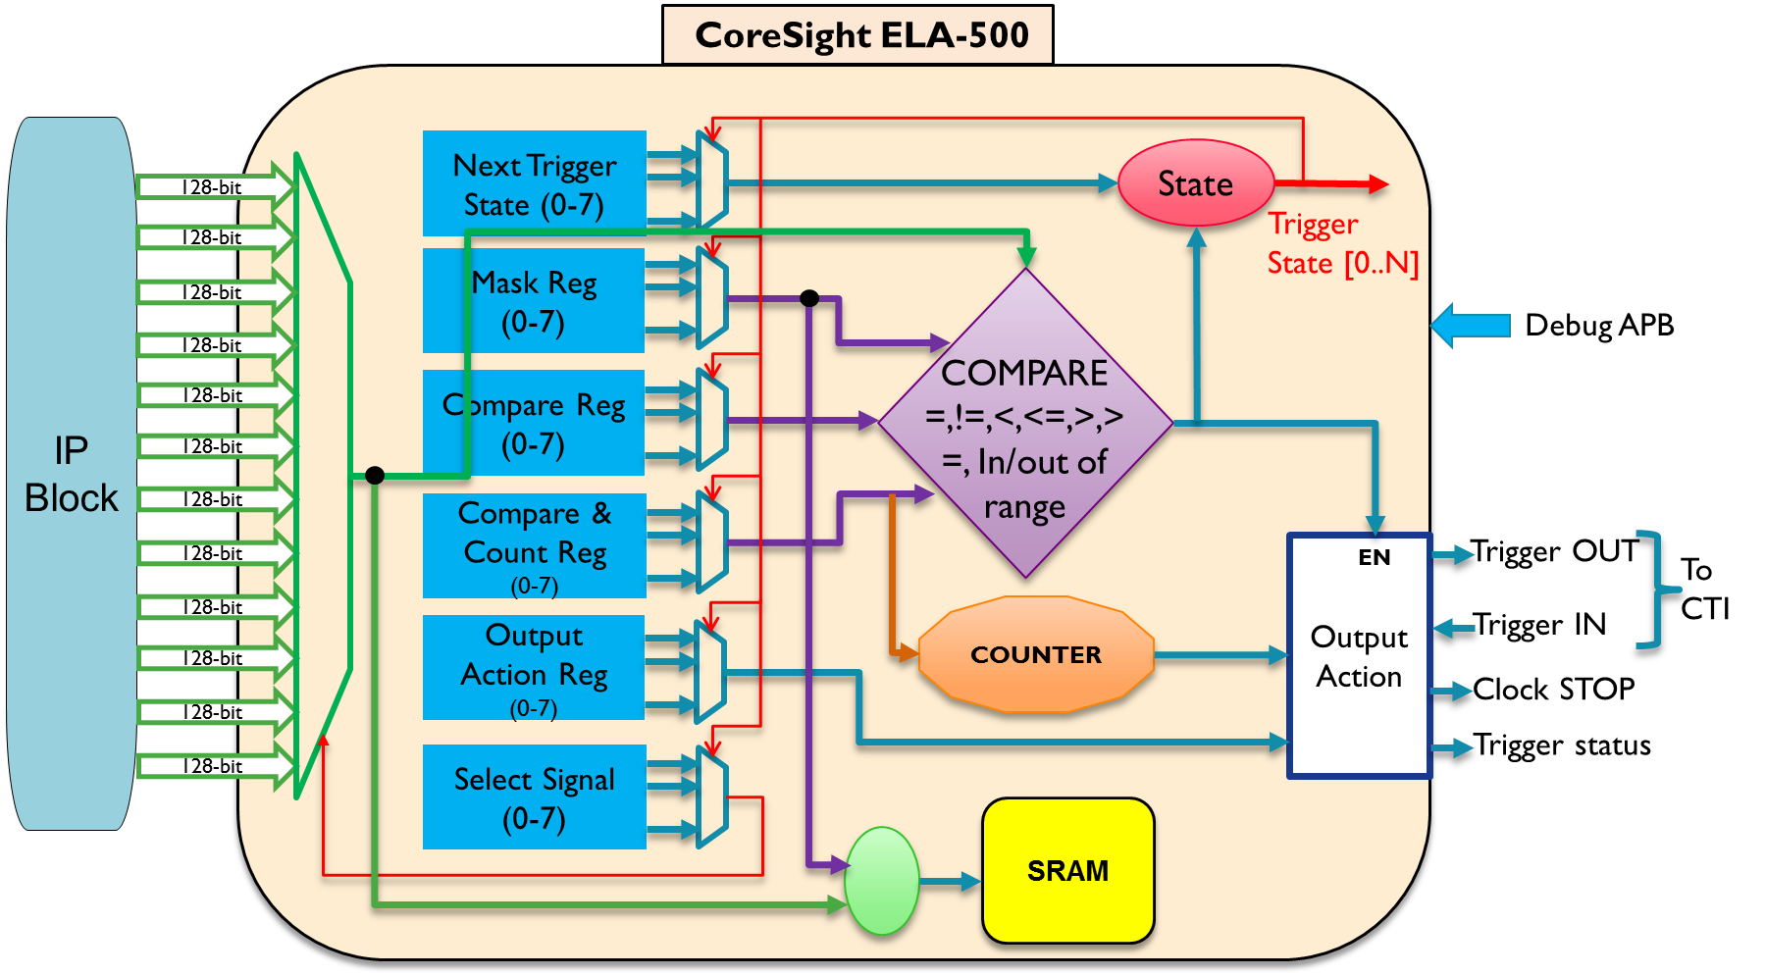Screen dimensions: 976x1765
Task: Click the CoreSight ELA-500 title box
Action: (x=858, y=35)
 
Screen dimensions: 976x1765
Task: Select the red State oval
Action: (x=1195, y=183)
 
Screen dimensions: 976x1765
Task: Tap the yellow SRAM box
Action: (x=1067, y=871)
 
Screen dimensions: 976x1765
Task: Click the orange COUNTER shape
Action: (x=1035, y=654)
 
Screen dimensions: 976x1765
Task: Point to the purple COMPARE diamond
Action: (x=1025, y=424)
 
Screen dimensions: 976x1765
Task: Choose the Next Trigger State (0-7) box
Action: (x=534, y=184)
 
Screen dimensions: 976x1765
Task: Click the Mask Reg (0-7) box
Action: (x=534, y=301)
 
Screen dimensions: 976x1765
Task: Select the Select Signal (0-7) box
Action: (x=534, y=797)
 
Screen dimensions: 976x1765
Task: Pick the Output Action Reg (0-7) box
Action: (x=534, y=668)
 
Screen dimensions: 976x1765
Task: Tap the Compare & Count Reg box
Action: (x=534, y=545)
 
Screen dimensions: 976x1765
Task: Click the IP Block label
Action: (x=71, y=475)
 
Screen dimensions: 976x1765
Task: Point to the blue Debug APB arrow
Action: (x=1472, y=326)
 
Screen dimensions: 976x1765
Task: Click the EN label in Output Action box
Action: (x=1374, y=558)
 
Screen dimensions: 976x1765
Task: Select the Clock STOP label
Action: (x=1554, y=690)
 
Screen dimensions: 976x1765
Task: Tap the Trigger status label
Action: (x=1561, y=745)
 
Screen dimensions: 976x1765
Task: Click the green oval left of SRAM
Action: (x=882, y=881)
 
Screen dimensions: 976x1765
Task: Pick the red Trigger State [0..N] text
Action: (x=1341, y=244)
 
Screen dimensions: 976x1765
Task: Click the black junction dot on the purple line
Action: (x=809, y=298)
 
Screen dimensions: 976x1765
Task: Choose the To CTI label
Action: (x=1704, y=590)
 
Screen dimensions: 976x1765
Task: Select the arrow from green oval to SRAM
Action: (x=950, y=882)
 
